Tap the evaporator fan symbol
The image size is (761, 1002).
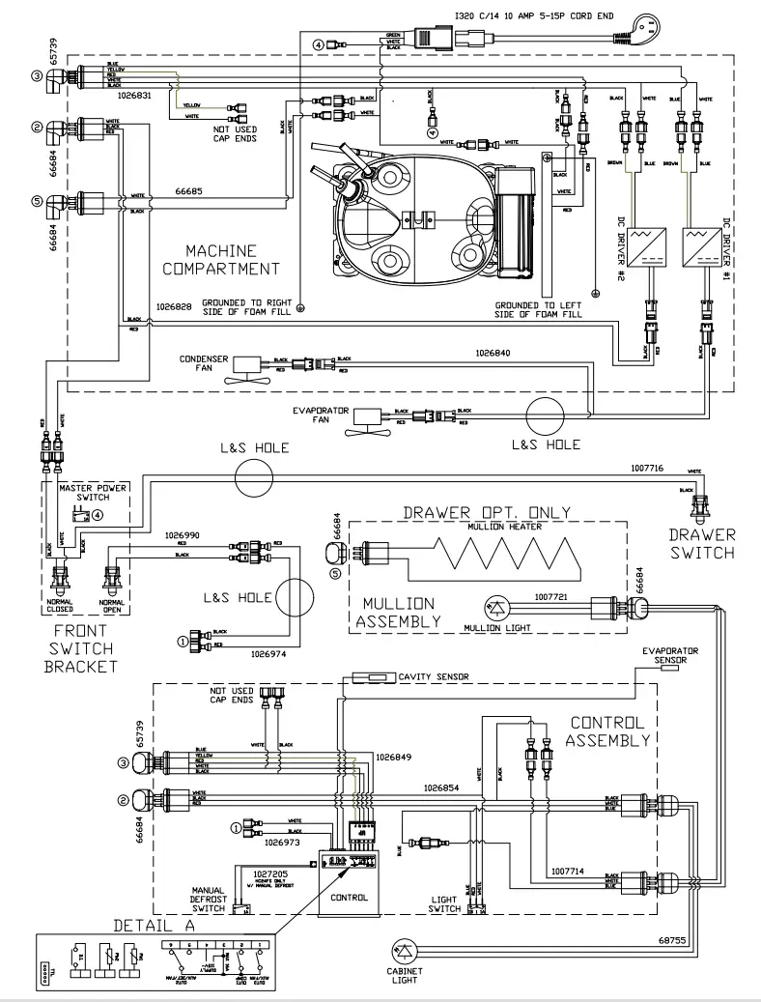tap(368, 417)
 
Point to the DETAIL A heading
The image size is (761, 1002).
tap(155, 925)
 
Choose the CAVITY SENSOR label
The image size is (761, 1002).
tap(434, 677)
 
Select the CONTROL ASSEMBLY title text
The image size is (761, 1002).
tap(607, 731)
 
